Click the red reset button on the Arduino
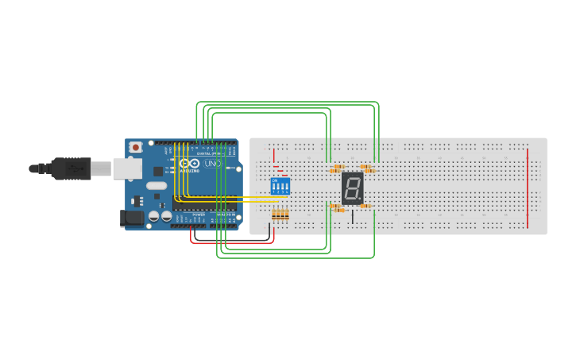click(x=136, y=147)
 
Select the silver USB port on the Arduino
click(x=127, y=168)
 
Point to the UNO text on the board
click(x=212, y=164)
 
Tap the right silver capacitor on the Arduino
click(x=167, y=216)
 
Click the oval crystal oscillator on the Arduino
click(x=157, y=186)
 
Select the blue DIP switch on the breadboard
click(x=280, y=187)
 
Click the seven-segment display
click(x=353, y=188)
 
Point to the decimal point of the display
click(x=361, y=199)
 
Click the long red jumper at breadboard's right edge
click(x=527, y=188)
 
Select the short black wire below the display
click(x=353, y=216)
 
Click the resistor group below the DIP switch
click(x=280, y=214)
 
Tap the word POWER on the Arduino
click(x=199, y=215)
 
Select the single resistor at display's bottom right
click(x=365, y=207)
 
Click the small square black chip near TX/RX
click(x=158, y=171)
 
